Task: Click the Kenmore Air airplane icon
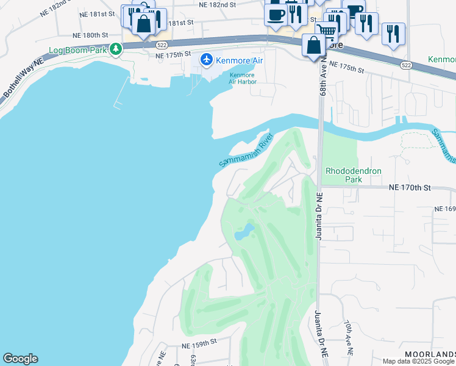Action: tap(207, 60)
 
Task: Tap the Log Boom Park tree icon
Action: tap(115, 51)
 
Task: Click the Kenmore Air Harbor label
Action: tap(242, 79)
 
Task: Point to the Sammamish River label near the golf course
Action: tap(245, 151)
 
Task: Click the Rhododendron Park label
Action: tap(354, 175)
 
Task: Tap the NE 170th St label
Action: tap(410, 188)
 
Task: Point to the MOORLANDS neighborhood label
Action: tap(430, 354)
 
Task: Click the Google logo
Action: tap(20, 359)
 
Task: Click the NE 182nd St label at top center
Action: tap(218, 4)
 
